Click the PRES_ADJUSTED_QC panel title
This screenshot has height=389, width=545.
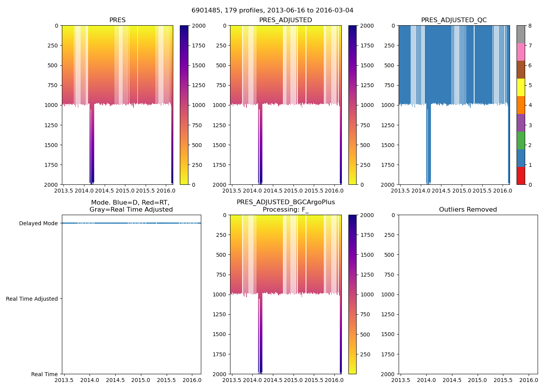tap(454, 20)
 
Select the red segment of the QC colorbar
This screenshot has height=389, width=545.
tap(520, 175)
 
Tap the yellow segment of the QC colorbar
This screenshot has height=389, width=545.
tap(520, 87)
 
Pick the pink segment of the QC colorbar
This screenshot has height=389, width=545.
tap(520, 52)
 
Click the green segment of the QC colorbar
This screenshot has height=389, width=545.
tap(520, 140)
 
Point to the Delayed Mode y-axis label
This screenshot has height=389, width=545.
tap(38, 223)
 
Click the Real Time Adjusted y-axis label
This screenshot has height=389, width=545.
tap(32, 299)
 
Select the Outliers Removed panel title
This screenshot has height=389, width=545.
tap(468, 210)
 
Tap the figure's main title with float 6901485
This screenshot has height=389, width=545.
tap(272, 11)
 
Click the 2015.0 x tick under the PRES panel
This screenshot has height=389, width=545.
tap(125, 191)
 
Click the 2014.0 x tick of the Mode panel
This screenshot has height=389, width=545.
tap(90, 380)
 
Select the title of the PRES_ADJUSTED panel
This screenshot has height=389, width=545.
tap(286, 20)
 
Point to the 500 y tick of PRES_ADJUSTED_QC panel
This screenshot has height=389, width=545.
tap(390, 65)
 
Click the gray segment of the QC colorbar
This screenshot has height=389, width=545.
tap(520, 34)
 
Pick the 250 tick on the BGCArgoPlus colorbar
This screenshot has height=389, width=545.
tap(365, 354)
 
